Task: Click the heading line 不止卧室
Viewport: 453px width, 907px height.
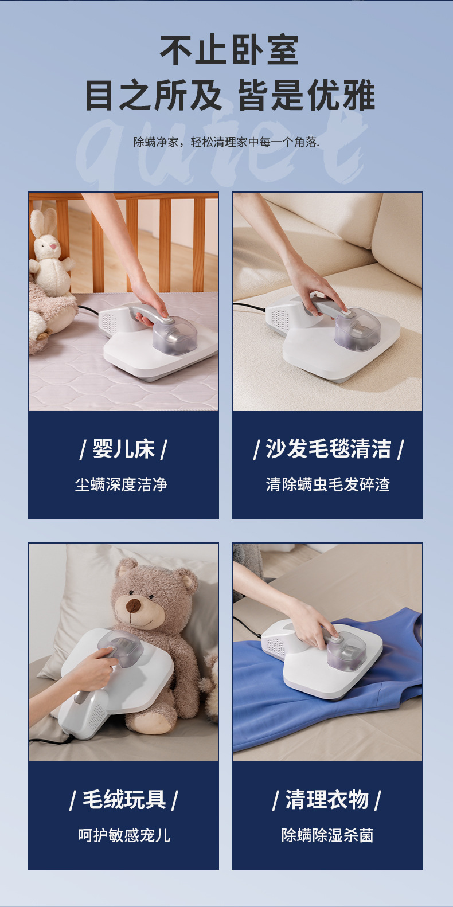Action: (x=229, y=50)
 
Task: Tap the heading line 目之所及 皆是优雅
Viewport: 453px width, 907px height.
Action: (x=230, y=96)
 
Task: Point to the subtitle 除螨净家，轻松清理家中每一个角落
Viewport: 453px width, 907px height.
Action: (x=226, y=142)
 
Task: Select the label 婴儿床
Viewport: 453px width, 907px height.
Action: (x=123, y=449)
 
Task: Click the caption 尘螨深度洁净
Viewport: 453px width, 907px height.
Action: (x=121, y=484)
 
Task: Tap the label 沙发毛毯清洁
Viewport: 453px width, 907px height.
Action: (x=329, y=449)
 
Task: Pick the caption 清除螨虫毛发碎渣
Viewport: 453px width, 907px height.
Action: (x=328, y=484)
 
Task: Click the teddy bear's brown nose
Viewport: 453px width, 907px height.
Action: (x=133, y=606)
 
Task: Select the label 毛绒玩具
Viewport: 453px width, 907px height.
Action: (x=124, y=800)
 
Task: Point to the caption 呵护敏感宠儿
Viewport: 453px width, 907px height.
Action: (x=124, y=835)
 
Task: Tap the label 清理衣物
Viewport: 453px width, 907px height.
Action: (x=327, y=800)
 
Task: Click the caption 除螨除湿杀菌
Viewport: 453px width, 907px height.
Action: (x=327, y=835)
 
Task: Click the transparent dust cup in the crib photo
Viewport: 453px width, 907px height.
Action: (x=175, y=335)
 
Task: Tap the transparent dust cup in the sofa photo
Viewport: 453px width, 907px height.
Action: (x=357, y=329)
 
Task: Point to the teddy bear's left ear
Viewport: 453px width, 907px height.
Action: (x=126, y=569)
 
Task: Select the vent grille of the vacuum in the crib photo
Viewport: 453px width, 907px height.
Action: (x=108, y=322)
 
